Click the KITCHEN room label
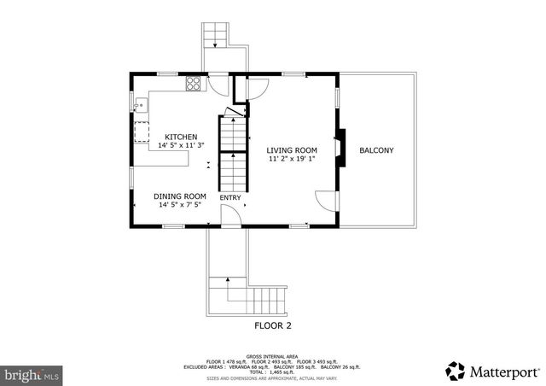pos(181,137)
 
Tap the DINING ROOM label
pos(182,196)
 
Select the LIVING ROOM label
pos(292,150)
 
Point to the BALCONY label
pos(376,151)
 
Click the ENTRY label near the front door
pos(230,198)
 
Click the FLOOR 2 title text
pos(273,325)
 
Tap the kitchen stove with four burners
pos(194,84)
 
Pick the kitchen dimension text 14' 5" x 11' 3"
pos(181,146)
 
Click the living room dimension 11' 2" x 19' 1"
pos(292,159)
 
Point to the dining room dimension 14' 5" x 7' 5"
pos(182,205)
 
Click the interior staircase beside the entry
pos(232,158)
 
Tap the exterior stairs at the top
pos(215,35)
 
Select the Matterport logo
pos(493,371)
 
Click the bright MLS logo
pos(32,374)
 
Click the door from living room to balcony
pos(326,202)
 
